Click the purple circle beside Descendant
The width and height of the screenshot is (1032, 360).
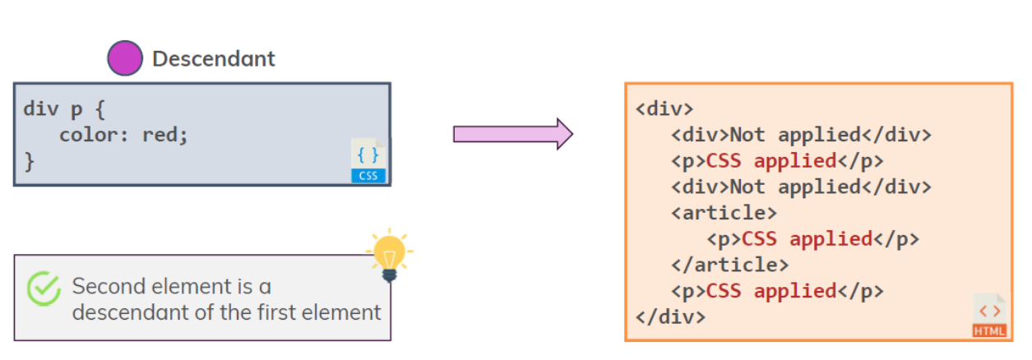[125, 58]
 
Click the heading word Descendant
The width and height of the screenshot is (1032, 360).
[214, 59]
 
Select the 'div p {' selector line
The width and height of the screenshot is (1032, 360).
[65, 108]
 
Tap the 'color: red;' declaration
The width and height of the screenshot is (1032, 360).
[123, 134]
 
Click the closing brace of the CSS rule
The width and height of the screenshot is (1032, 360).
[30, 160]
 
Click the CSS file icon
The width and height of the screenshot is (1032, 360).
[368, 160]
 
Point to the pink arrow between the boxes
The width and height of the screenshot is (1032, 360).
[512, 133]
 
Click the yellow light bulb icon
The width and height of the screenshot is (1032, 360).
[389, 255]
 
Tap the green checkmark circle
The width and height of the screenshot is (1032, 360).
[44, 288]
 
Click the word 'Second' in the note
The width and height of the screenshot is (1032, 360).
[103, 286]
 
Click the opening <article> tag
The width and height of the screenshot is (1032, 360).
[724, 212]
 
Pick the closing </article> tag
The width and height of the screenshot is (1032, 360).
[729, 265]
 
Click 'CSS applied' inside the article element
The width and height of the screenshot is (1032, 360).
[807, 238]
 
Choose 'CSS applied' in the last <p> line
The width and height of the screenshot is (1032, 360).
[771, 290]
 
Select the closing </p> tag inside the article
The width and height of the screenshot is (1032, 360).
[895, 238]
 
